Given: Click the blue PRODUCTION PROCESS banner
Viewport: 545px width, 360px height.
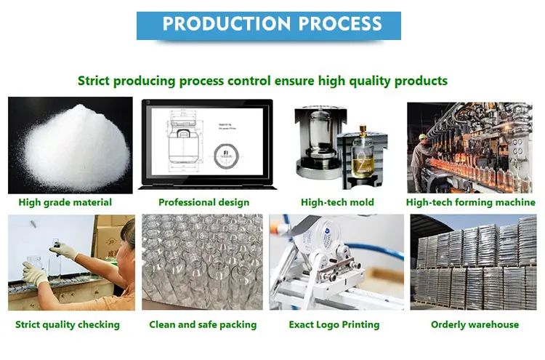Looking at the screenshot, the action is pos(269,25).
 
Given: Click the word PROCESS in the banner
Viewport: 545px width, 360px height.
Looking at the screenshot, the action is pos(340,24).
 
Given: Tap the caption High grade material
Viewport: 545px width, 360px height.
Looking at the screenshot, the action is pos(65,202).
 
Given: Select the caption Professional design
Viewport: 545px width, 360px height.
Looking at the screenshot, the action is pos(203,202).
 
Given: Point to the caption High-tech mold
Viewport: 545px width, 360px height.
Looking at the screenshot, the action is pos(337,202).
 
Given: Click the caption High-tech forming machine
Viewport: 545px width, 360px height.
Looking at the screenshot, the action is pos(471,202).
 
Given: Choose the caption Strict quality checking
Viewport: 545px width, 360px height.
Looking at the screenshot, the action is pos(68,324).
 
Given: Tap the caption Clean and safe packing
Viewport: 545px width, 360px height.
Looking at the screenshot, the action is pos(203,324).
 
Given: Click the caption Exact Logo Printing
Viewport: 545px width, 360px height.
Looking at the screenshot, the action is pos(334,324).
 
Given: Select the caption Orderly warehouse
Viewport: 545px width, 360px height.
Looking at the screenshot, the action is pos(475,324).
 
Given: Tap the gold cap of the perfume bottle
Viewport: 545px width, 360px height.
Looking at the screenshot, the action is pos(363,130).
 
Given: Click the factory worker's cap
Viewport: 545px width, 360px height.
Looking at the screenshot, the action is pos(423,136).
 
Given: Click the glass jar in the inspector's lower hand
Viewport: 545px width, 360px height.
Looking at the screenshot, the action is pos(33,268).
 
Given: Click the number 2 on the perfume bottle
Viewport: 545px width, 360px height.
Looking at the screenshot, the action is pos(362,162).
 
